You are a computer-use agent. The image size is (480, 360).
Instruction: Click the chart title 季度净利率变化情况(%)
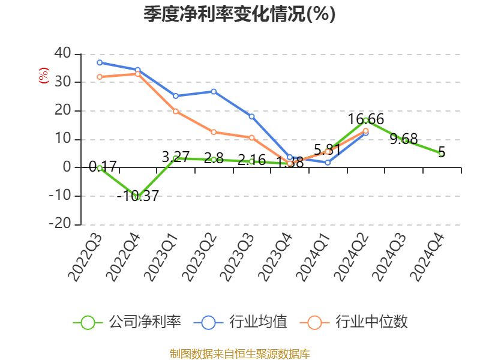pyautogui.click(x=239, y=14)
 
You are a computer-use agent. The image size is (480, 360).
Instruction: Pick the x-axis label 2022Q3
pyautogui.click(x=86, y=257)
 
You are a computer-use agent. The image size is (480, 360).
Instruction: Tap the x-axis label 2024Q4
pyautogui.click(x=428, y=257)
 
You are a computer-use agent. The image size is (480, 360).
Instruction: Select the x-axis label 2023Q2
pyautogui.click(x=200, y=257)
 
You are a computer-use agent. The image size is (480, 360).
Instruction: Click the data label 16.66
pyautogui.click(x=365, y=119)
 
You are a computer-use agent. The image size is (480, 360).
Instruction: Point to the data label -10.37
pyautogui.click(x=137, y=196)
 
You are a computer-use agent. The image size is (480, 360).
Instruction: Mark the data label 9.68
pyautogui.click(x=403, y=139)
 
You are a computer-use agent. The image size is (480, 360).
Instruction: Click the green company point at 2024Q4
pyautogui.click(x=442, y=154)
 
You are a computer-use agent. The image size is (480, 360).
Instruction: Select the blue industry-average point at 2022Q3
pyautogui.click(x=100, y=62)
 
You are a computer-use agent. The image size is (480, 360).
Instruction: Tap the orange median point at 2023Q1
pyautogui.click(x=176, y=111)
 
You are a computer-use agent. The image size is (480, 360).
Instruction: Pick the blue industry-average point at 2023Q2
pyautogui.click(x=214, y=91)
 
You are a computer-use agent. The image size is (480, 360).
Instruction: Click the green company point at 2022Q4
pyautogui.click(x=137, y=197)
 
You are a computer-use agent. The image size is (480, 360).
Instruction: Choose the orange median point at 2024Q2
pyautogui.click(x=365, y=131)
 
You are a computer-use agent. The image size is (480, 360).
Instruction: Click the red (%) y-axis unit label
pyautogui.click(x=43, y=76)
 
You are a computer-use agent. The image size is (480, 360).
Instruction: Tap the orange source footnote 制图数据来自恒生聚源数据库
pyautogui.click(x=239, y=353)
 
